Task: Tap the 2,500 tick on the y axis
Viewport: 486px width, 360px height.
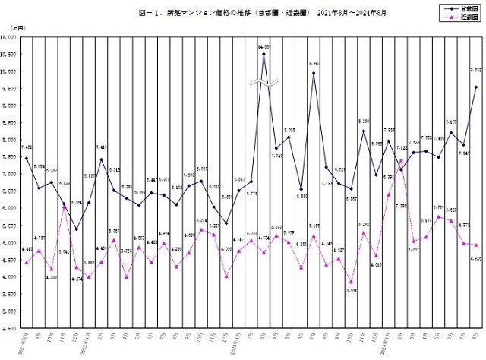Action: tap(12, 328)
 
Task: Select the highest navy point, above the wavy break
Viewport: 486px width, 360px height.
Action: tap(264, 54)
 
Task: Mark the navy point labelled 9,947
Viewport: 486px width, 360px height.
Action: tap(314, 73)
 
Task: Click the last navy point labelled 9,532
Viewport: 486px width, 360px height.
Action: tap(475, 87)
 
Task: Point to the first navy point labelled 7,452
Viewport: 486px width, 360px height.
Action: tap(27, 159)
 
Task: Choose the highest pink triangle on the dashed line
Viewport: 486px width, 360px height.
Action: tap(401, 159)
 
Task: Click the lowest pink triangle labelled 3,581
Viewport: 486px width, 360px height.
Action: tap(352, 282)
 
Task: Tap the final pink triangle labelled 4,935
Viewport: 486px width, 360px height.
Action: tap(475, 245)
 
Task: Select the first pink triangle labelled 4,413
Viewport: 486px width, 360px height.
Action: tap(27, 262)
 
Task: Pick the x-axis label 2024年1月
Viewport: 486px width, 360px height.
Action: tap(388, 343)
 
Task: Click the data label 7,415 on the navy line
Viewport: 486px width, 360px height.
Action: tap(102, 147)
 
